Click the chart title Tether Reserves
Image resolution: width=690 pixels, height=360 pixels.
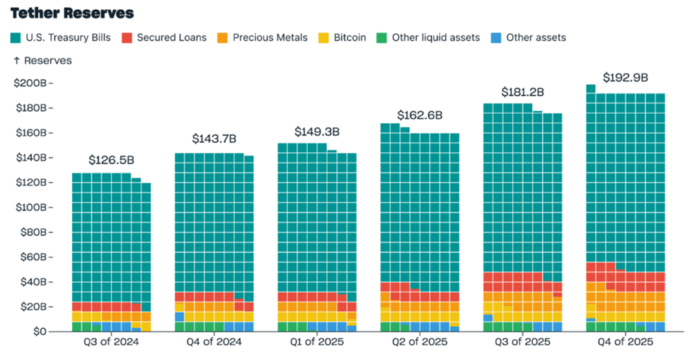click(x=72, y=13)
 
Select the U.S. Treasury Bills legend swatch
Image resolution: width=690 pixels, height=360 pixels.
click(x=16, y=37)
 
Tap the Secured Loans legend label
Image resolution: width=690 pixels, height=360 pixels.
click(x=171, y=37)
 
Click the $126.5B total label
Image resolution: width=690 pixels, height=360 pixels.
click(x=111, y=161)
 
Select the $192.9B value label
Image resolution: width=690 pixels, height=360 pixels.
click(x=625, y=78)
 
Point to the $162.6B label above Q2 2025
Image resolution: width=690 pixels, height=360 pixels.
click(x=419, y=115)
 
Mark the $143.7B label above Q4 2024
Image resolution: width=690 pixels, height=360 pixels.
click(x=214, y=139)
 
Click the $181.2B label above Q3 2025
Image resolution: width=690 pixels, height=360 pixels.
click(x=523, y=92)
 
